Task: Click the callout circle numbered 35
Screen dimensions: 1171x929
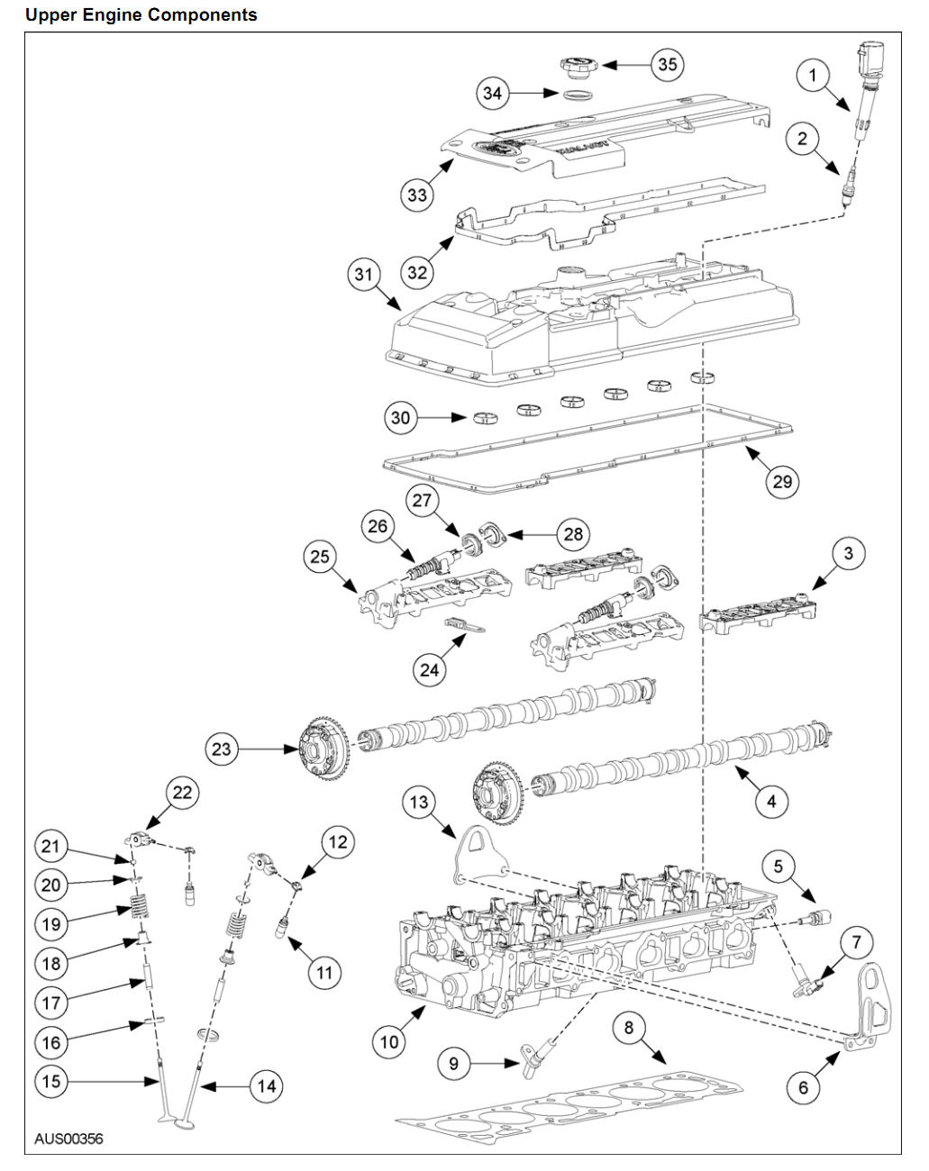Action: [x=667, y=64]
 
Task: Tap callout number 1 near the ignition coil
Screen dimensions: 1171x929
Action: [x=813, y=75]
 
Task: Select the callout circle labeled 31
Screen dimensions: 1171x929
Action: [x=363, y=273]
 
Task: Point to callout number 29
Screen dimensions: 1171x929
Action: [x=781, y=481]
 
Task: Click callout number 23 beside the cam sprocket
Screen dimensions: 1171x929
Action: [x=222, y=749]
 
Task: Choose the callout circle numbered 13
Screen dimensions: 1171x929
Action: [x=419, y=802]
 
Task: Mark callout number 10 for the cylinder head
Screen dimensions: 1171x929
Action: [x=389, y=1041]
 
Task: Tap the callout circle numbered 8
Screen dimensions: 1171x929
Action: [x=629, y=1027]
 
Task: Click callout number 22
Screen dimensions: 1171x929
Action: [x=182, y=793]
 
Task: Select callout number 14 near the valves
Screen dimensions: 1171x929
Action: [x=267, y=1086]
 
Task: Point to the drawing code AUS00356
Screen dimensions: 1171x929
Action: [x=68, y=1139]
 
